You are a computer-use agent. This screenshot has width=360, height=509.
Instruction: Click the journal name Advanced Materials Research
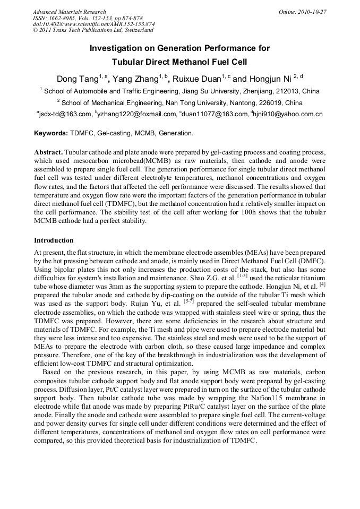(x=70, y=12)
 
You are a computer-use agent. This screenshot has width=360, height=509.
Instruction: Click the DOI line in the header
(x=93, y=24)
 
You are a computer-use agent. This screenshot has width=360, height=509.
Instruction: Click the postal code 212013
(x=285, y=91)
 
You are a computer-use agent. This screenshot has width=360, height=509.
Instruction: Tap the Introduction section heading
(x=54, y=240)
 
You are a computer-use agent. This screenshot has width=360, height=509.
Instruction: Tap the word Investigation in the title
(x=116, y=48)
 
